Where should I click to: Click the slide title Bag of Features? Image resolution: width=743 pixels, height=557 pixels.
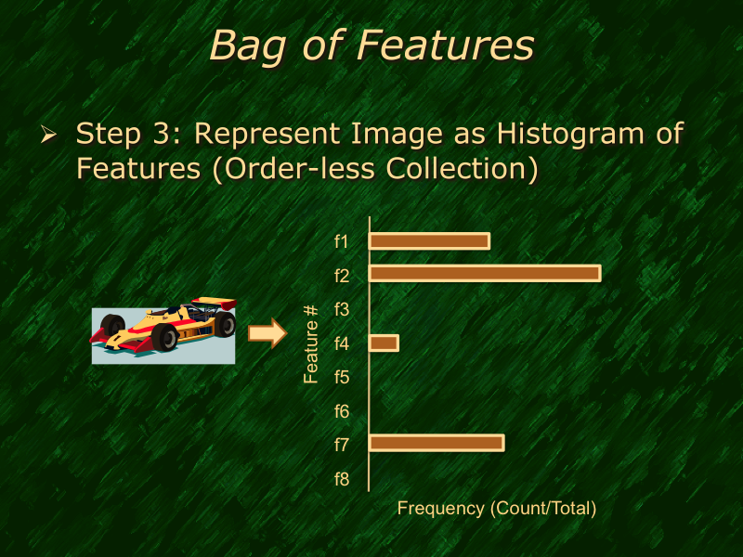pos(371,45)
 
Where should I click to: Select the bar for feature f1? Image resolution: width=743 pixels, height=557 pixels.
pos(429,241)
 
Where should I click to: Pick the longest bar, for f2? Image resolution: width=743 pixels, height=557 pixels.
pos(485,273)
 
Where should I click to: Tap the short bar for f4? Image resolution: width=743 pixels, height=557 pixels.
pos(384,343)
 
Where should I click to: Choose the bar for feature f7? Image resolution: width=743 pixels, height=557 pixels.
pos(437,443)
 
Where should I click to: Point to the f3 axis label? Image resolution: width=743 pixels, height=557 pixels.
pos(341,309)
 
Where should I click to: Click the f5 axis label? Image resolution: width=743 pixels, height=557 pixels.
pos(341,377)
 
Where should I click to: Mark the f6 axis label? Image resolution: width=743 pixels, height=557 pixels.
pos(341,410)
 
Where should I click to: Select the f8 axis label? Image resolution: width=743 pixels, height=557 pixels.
pos(341,479)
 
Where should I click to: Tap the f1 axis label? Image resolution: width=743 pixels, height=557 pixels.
pos(341,241)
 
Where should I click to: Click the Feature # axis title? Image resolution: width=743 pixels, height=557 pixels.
pos(312,343)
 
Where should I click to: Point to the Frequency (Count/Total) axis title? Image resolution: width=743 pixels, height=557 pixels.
pos(496,509)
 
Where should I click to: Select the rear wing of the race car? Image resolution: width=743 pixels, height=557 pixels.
pos(221,303)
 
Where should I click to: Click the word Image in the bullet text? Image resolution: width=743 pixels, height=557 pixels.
pos(397,134)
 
